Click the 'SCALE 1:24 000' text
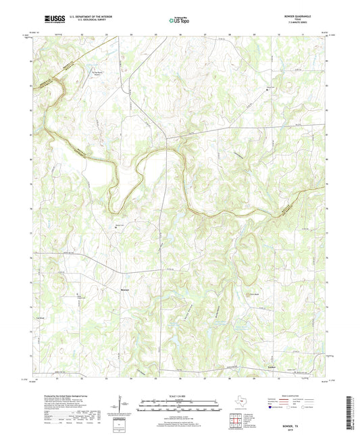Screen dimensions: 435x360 [x=180, y=395]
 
